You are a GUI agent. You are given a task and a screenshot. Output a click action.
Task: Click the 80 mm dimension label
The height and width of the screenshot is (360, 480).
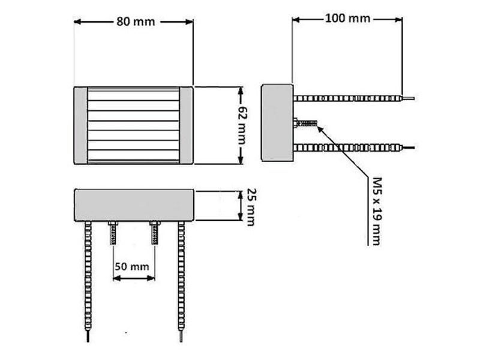tap(136, 22)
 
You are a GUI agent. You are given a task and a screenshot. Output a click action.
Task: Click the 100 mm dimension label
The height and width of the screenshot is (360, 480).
tap(347, 19)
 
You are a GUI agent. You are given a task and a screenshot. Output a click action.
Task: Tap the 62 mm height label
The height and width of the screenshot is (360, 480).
tap(242, 125)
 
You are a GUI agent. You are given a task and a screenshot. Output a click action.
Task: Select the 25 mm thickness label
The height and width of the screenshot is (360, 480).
tap(251, 207)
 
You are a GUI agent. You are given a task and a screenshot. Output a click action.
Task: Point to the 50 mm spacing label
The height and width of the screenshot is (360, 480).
tap(132, 266)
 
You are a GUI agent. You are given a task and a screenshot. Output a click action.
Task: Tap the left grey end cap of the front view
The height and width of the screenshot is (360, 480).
tap(80, 125)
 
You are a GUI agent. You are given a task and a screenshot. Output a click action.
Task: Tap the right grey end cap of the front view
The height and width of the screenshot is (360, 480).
tap(186, 125)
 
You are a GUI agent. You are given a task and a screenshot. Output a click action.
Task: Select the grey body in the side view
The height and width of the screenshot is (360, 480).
tap(277, 123)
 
